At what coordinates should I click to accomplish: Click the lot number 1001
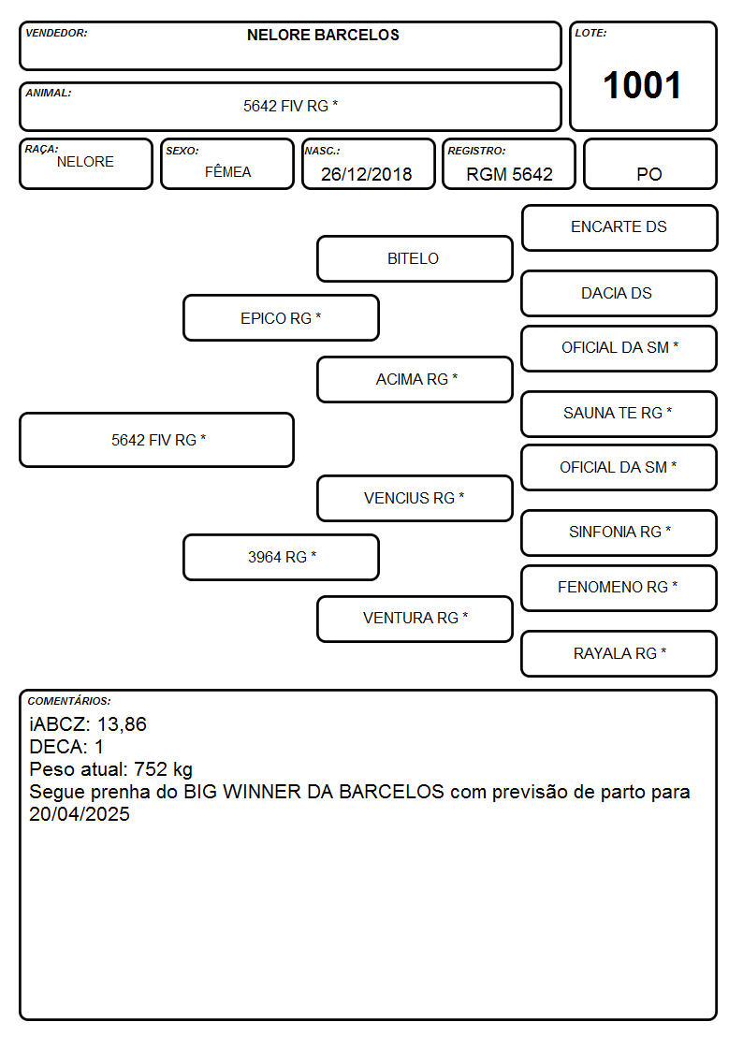[642, 85]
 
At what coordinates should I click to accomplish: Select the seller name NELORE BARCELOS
[323, 35]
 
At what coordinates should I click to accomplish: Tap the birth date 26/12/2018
[367, 174]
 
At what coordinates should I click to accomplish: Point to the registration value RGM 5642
[509, 174]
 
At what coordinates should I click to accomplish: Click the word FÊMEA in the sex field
[227, 171]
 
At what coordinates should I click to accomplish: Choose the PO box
[649, 164]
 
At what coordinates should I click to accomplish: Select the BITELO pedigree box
[415, 258]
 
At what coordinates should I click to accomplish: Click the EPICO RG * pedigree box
[281, 317]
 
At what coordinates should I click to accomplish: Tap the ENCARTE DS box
[619, 228]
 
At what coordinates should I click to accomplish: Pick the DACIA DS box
[619, 293]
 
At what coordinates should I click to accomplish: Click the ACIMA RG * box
[415, 379]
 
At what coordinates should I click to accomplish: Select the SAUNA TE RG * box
[619, 414]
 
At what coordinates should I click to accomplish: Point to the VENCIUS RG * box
[415, 498]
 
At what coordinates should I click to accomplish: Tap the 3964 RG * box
[281, 557]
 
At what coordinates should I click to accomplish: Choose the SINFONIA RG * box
[619, 533]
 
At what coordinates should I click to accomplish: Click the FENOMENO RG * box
[619, 588]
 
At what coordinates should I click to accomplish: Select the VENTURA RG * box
[415, 619]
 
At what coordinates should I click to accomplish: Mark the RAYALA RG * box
[619, 653]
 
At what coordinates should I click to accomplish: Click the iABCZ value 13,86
[122, 724]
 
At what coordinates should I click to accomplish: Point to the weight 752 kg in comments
[163, 769]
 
